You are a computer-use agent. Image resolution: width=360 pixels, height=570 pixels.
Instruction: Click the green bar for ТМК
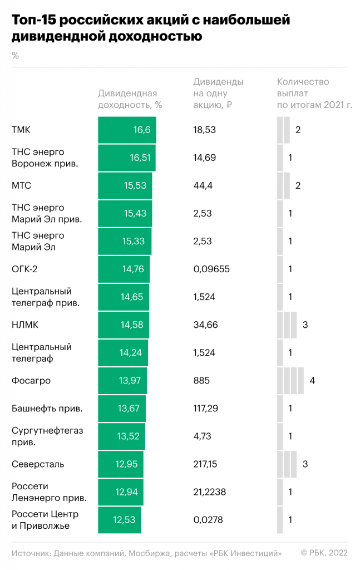(127, 130)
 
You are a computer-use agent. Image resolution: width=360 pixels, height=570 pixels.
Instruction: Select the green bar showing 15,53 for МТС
(125, 186)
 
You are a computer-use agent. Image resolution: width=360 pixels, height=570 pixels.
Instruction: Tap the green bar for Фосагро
(122, 381)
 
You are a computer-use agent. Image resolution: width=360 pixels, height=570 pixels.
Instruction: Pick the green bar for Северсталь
(121, 464)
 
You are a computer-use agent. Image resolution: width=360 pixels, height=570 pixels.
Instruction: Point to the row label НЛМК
(24, 325)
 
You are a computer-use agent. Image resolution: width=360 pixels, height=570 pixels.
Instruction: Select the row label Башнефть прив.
(47, 409)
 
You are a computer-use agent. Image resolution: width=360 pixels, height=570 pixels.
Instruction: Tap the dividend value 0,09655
(211, 269)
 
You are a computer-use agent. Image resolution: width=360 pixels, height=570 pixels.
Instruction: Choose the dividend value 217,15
(205, 464)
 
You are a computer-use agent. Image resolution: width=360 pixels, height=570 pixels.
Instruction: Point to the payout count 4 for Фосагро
(313, 381)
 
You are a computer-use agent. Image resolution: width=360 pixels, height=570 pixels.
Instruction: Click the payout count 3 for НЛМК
(305, 325)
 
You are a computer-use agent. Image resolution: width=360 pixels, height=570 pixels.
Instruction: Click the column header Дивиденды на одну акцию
(218, 93)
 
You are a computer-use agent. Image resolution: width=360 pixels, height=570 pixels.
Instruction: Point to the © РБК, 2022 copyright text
(324, 553)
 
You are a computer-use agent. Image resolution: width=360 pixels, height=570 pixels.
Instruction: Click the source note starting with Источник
(146, 553)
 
